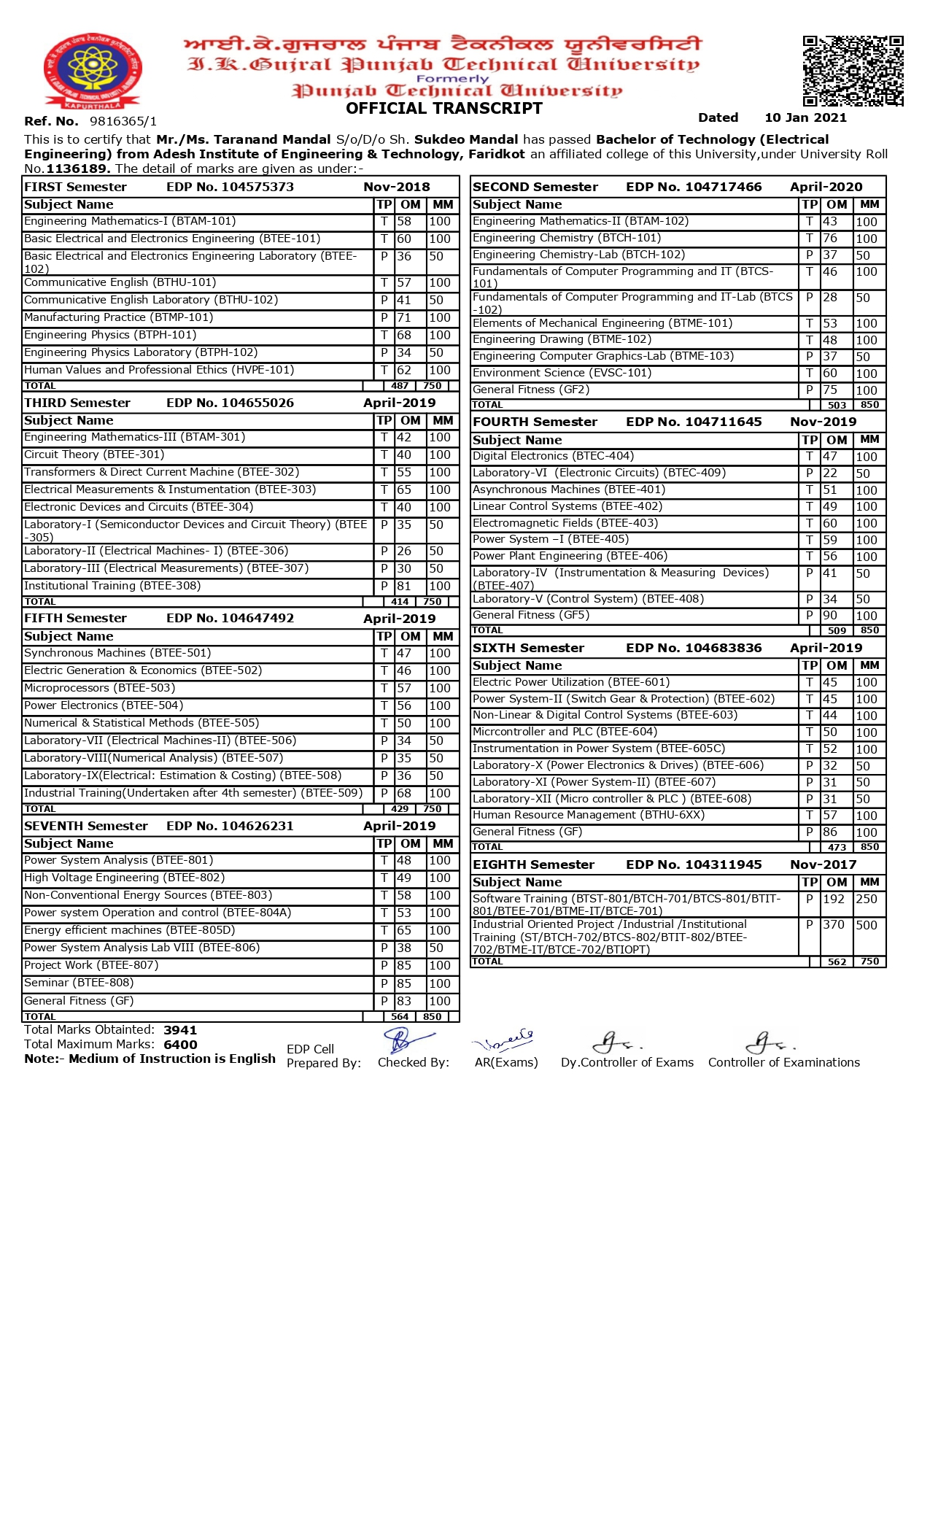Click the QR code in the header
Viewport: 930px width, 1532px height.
click(x=853, y=71)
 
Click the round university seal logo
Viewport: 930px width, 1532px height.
click(x=93, y=70)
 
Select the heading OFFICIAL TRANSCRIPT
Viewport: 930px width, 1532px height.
click(x=444, y=109)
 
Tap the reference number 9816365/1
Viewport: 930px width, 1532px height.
click(x=123, y=121)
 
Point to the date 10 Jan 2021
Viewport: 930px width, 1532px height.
click(x=805, y=117)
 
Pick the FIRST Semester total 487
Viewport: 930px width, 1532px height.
click(x=400, y=386)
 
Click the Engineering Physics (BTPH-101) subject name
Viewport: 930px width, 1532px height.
click(x=110, y=335)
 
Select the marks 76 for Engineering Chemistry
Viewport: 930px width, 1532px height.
click(x=830, y=239)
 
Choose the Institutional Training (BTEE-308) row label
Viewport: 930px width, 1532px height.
click(x=112, y=586)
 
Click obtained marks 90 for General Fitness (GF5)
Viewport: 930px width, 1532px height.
click(x=830, y=616)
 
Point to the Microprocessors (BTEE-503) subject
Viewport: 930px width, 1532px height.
click(x=100, y=688)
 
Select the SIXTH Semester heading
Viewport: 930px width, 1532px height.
click(x=528, y=648)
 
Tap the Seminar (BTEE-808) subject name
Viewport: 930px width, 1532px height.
click(x=70, y=983)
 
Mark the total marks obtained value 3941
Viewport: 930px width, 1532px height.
click(x=180, y=1030)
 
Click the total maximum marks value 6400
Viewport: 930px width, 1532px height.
click(x=180, y=1045)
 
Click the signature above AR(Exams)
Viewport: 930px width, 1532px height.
click(x=503, y=1039)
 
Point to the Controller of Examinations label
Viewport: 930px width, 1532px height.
click(x=783, y=1062)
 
